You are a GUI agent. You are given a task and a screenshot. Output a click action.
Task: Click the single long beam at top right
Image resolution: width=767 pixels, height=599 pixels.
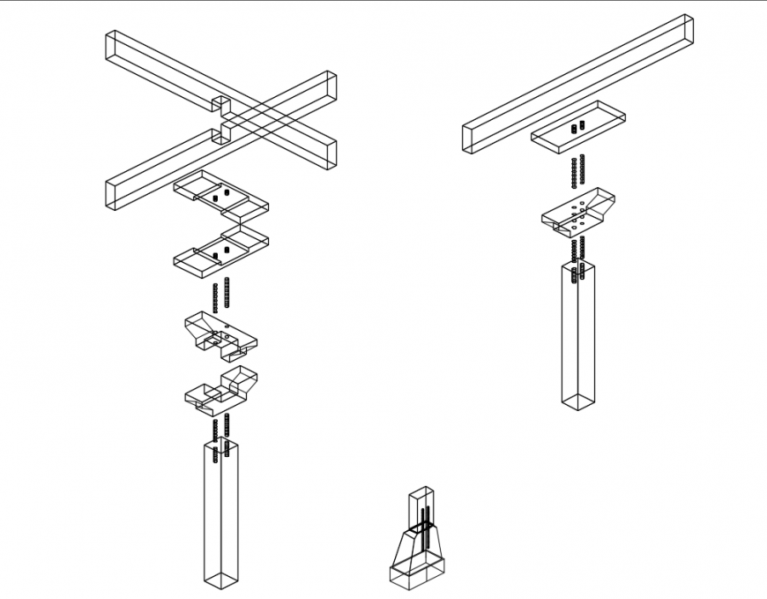(x=577, y=84)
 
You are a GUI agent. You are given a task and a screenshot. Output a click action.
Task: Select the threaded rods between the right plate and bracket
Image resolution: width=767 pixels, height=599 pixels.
(x=578, y=171)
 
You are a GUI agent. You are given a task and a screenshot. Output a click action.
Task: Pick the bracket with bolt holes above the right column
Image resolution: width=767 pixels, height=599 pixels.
(x=578, y=213)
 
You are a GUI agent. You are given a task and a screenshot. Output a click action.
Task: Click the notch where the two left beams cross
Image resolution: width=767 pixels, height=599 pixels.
(x=222, y=118)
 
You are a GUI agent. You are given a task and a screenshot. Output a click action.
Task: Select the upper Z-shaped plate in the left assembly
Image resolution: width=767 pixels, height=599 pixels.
(x=220, y=198)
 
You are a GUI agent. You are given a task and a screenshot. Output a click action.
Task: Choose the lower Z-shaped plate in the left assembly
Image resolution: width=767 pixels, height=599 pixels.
(x=220, y=251)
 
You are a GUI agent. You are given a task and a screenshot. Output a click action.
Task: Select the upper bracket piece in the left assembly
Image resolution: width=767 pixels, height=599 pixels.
(x=220, y=334)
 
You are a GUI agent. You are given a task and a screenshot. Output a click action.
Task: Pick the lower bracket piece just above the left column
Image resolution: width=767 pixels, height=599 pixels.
(x=220, y=390)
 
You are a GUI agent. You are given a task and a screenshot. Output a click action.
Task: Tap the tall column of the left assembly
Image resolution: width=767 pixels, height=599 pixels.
(x=220, y=512)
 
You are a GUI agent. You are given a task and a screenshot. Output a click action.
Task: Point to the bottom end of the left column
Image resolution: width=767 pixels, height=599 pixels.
(x=220, y=579)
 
